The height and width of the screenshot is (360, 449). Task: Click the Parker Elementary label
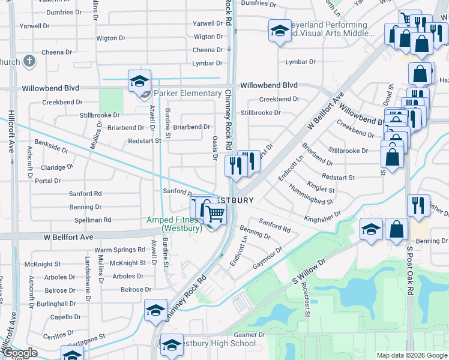pyautogui.click(x=187, y=93)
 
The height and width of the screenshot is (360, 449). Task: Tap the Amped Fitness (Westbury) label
pyautogui.click(x=175, y=224)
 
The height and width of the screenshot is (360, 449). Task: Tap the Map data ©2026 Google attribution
pyautogui.click(x=411, y=355)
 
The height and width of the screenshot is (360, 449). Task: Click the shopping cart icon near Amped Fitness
pyautogui.click(x=215, y=213)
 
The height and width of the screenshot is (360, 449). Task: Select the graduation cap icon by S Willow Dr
pyautogui.click(x=371, y=229)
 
